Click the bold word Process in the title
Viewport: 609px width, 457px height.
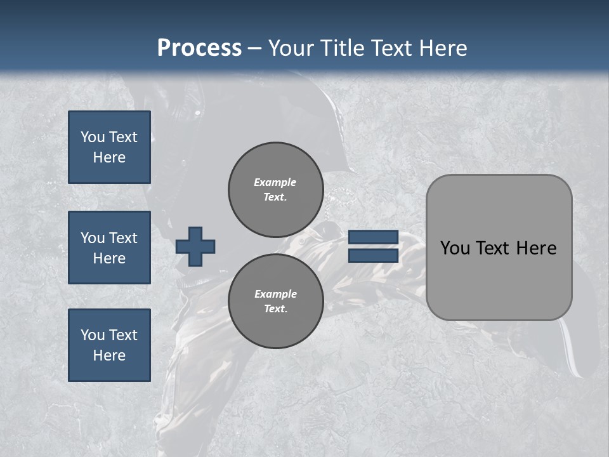pyautogui.click(x=199, y=48)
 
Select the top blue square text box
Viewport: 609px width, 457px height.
pyautogui.click(x=109, y=147)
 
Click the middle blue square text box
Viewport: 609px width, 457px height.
pyautogui.click(x=109, y=248)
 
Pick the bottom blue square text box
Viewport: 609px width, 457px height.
pyautogui.click(x=109, y=345)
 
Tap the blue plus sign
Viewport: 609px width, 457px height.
pyautogui.click(x=195, y=246)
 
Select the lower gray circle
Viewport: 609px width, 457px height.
pyautogui.click(x=276, y=301)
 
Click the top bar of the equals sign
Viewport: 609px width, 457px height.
pyautogui.click(x=374, y=237)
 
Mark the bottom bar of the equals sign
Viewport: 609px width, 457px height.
pyautogui.click(x=374, y=255)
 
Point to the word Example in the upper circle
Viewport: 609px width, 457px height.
pyautogui.click(x=275, y=182)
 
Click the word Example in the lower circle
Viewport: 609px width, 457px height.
pyautogui.click(x=275, y=294)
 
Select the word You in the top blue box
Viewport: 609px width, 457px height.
pyautogui.click(x=93, y=137)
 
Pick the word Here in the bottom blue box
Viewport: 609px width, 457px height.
pyautogui.click(x=109, y=355)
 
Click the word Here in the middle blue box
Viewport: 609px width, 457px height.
pyautogui.click(x=109, y=258)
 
